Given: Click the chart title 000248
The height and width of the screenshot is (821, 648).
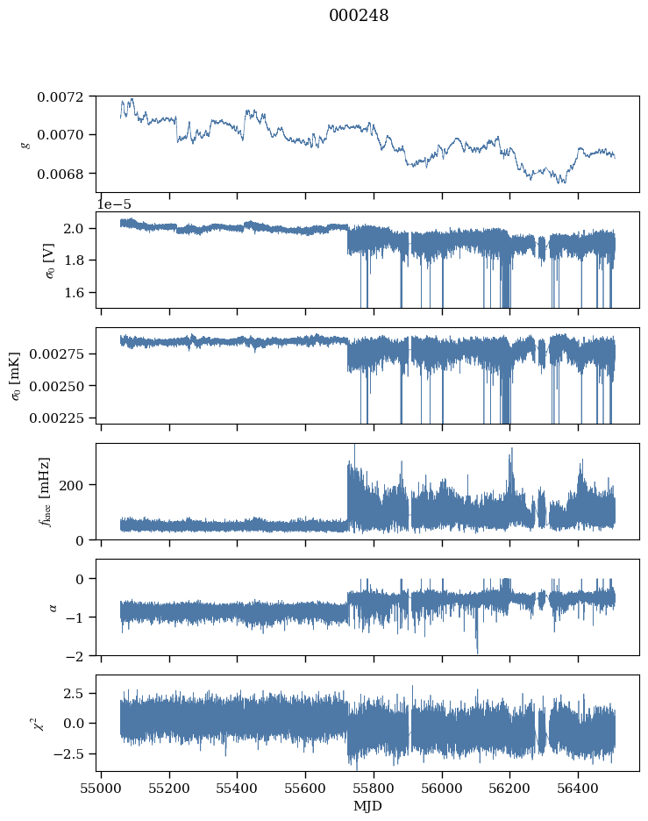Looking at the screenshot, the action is pos(359,16).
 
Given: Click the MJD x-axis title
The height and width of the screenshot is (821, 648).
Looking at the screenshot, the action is pos(367,806).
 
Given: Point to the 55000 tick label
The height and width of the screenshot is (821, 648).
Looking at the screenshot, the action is pos(101,788).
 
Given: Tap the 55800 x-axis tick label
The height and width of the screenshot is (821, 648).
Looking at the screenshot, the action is pos(374,788).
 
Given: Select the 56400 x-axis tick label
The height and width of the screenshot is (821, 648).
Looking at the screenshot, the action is pos(579,788).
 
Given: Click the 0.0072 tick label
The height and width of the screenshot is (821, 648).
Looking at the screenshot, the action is pos(61,96).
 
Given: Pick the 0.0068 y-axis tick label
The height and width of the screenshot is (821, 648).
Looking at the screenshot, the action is pos(61,174).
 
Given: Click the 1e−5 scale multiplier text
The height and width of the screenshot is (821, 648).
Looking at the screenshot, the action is pos(114,204).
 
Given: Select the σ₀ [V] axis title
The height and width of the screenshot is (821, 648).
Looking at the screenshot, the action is pos(50,261).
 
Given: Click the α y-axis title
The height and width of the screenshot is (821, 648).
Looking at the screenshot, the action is pos(53,607).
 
